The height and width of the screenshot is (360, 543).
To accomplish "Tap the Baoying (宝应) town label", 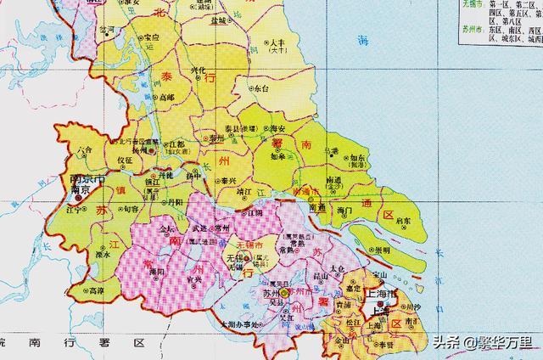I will (x=152, y=37).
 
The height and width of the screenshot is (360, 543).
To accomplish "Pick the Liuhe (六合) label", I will (x=83, y=149).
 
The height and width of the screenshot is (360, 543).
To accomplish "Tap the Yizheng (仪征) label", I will (x=125, y=160).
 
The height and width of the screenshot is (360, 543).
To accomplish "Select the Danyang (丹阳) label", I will (x=173, y=202).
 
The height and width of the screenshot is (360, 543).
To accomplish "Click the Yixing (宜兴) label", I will (x=194, y=280).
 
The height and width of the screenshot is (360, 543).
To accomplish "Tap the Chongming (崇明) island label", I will (x=382, y=250).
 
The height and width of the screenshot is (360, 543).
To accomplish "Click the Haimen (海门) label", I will (x=344, y=209).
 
